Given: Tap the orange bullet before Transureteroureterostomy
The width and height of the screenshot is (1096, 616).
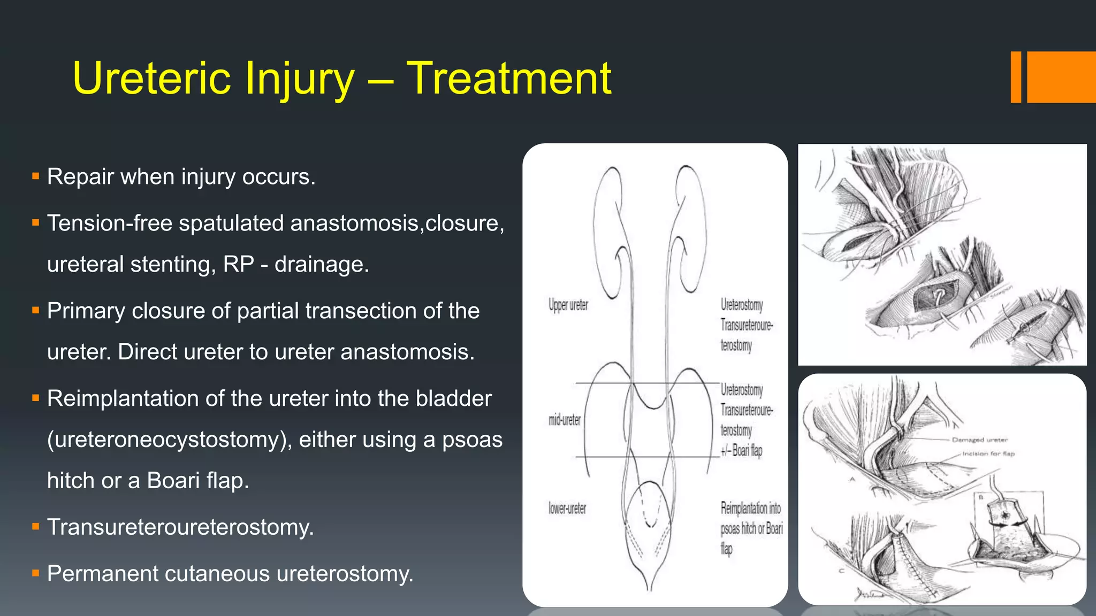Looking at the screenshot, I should (36, 527).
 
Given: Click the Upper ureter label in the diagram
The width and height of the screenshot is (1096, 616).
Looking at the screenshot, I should (568, 305).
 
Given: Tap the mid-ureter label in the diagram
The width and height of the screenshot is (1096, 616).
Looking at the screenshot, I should (564, 420).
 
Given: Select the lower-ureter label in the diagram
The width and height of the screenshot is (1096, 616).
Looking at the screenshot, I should (567, 508).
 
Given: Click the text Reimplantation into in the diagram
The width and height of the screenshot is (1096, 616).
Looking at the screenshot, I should (750, 507).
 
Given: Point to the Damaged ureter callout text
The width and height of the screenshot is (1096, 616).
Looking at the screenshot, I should (979, 440).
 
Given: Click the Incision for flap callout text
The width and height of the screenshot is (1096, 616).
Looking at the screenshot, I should (988, 453).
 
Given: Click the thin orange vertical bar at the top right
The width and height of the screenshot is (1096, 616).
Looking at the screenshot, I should (1016, 77).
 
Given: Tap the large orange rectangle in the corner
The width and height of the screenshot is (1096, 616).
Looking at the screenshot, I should (1061, 77).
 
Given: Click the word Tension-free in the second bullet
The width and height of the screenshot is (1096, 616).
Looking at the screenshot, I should (109, 223).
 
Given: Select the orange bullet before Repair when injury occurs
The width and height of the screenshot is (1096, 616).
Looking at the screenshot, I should (36, 176).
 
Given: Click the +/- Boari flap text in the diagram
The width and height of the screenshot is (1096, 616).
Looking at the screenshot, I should (741, 450).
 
